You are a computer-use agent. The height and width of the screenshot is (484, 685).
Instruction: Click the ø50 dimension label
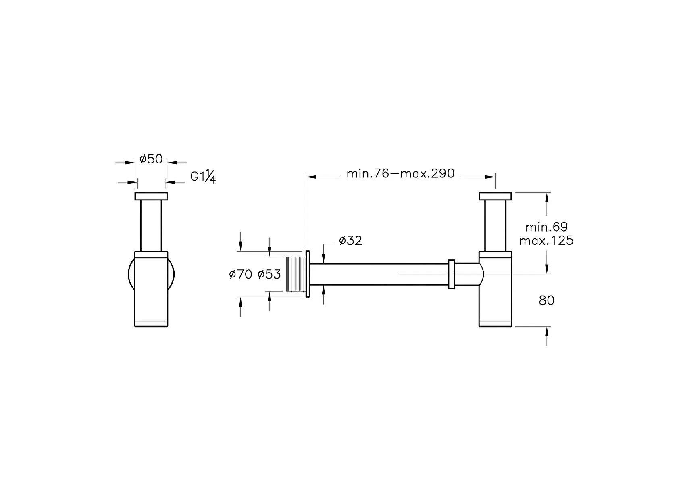coord(151,159)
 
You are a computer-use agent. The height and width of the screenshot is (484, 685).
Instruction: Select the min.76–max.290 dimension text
coord(401,174)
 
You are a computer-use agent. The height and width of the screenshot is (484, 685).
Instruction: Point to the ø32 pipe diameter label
coord(350,240)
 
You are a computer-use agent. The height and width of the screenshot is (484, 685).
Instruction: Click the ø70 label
coord(241,274)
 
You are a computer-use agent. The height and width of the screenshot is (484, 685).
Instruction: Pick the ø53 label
coord(269,274)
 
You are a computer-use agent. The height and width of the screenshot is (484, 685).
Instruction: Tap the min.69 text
coord(546,227)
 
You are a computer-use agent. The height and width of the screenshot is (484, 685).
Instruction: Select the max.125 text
coord(546,241)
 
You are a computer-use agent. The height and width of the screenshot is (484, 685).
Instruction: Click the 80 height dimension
coord(546,301)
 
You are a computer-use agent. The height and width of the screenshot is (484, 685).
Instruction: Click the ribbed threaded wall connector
coord(296,274)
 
